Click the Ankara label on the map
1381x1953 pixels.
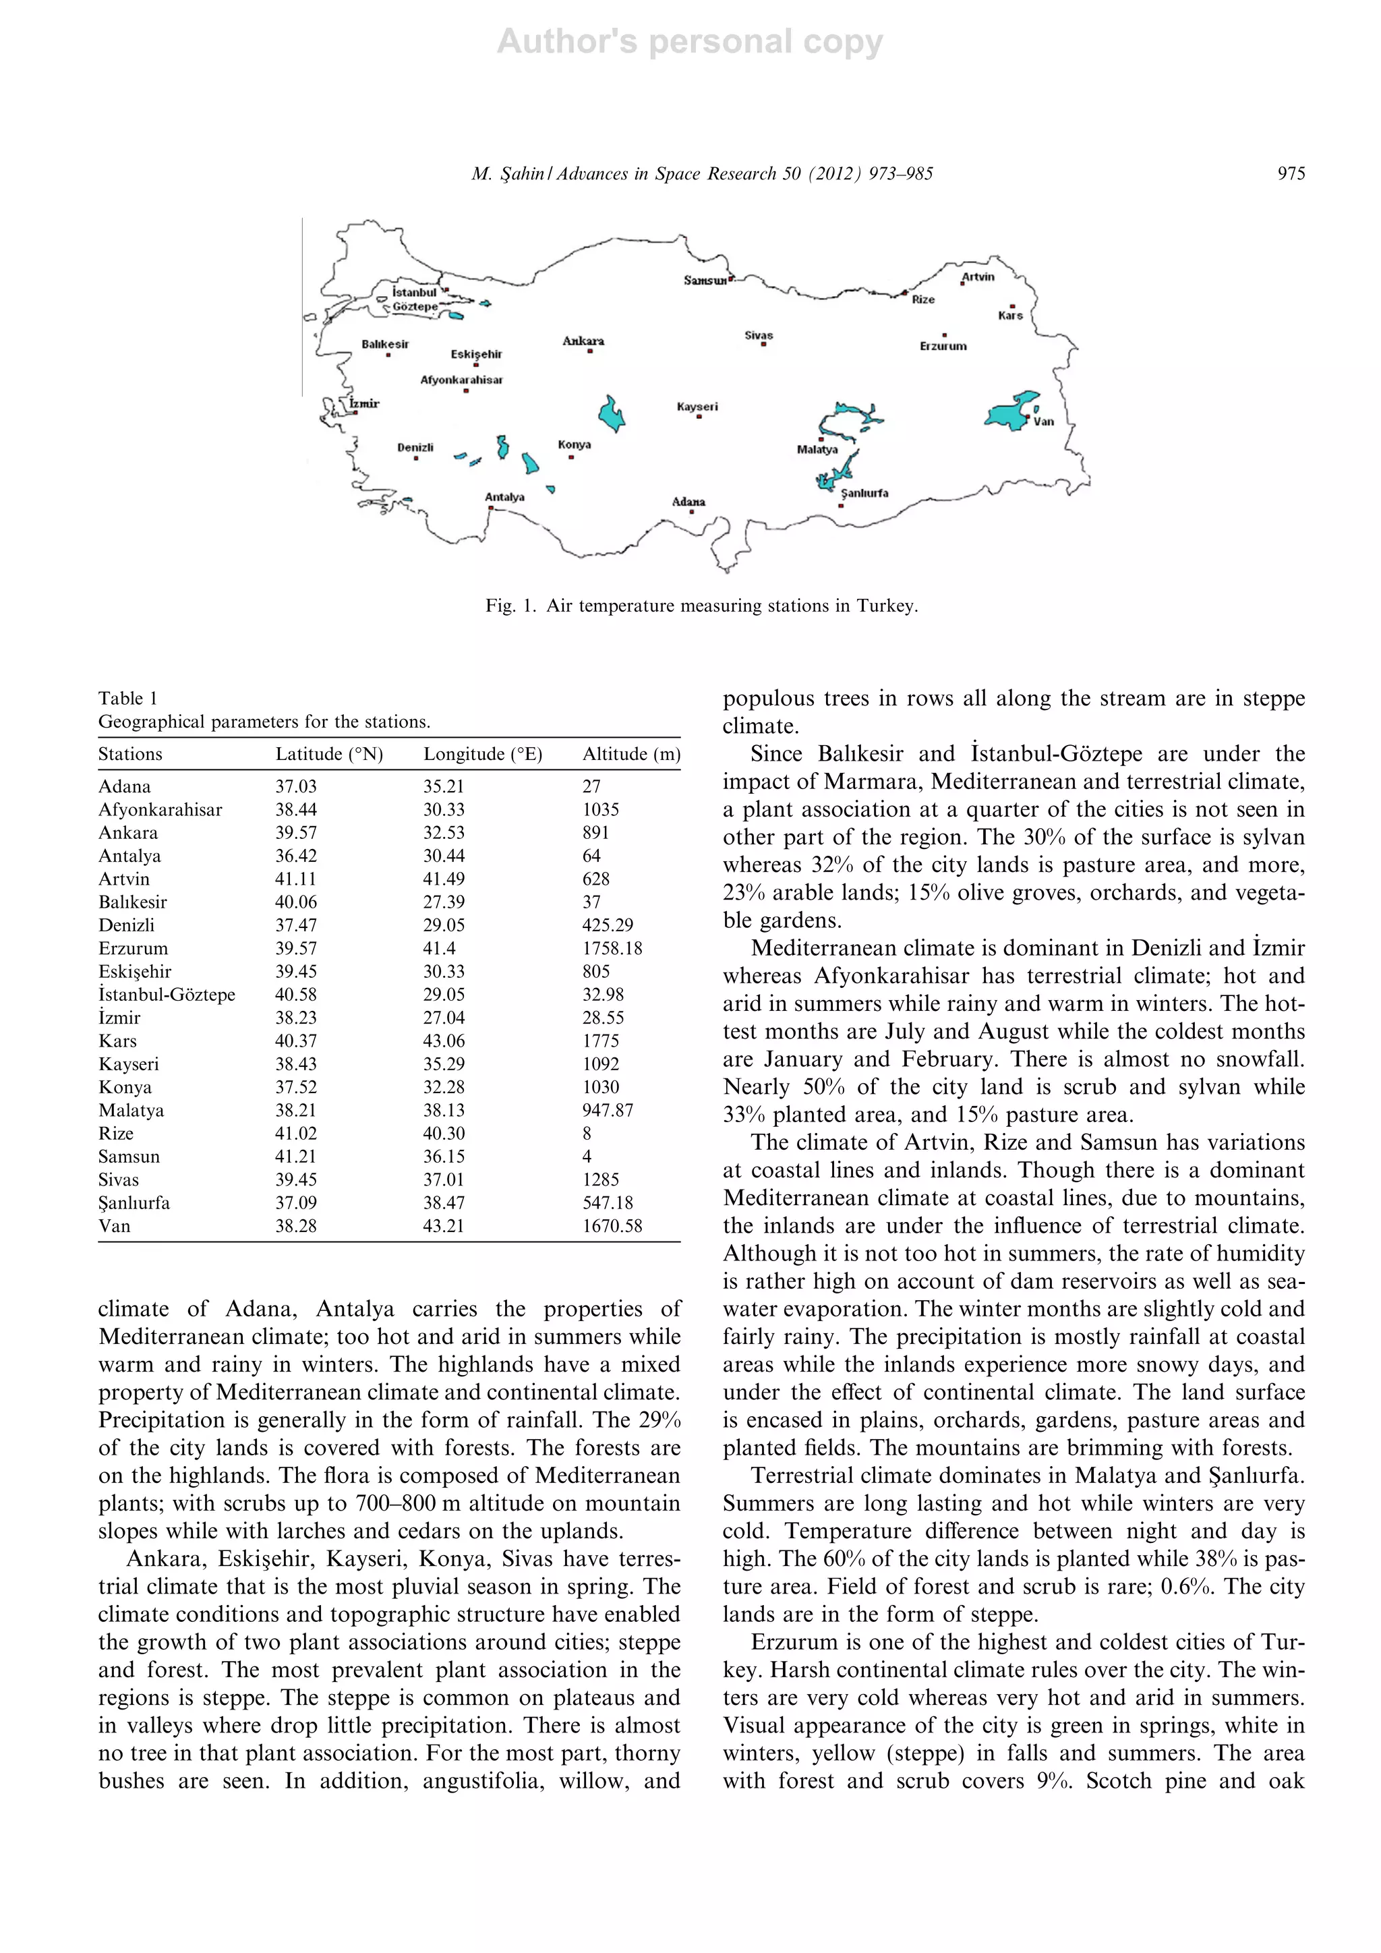(583, 341)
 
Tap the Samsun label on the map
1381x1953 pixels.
(705, 281)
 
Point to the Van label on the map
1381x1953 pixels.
(1043, 421)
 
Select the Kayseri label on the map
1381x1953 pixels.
(697, 407)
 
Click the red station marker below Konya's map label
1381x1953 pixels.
(571, 458)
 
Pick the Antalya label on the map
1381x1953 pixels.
(504, 497)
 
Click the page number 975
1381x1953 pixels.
(1291, 173)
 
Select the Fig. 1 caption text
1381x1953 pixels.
(701, 606)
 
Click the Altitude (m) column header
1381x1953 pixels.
(631, 754)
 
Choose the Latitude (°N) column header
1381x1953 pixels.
(329, 754)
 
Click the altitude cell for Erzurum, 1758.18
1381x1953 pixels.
(612, 948)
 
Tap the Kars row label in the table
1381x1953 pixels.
(117, 1041)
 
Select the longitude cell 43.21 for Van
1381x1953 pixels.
(444, 1226)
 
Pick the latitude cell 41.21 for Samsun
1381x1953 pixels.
(296, 1157)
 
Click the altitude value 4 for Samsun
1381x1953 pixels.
(587, 1157)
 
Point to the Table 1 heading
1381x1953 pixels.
(127, 699)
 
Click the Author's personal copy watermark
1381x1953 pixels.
(690, 41)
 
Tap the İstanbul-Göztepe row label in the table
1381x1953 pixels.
(167, 994)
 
